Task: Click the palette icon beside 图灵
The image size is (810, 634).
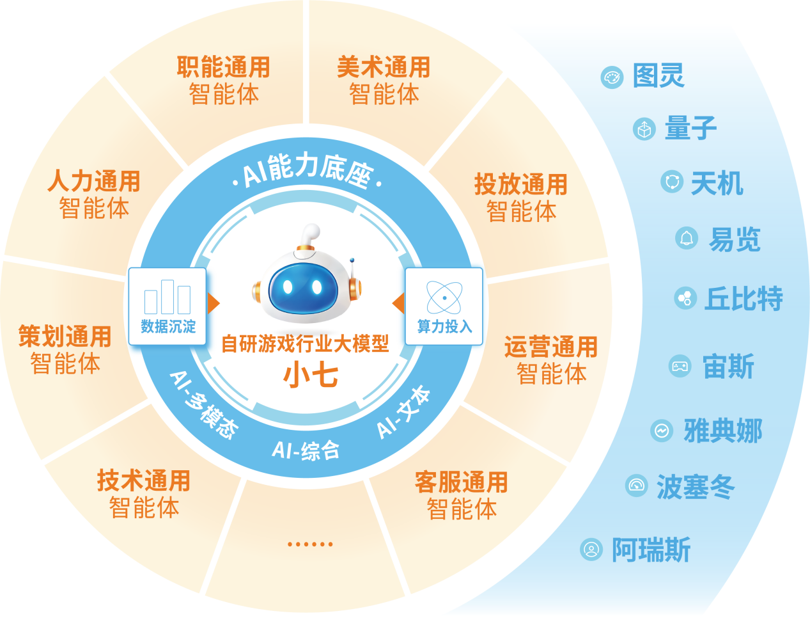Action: [x=612, y=77]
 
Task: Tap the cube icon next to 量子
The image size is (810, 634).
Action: [x=644, y=129]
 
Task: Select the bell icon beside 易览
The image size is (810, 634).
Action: [x=686, y=238]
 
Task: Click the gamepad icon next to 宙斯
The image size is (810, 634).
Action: [x=680, y=366]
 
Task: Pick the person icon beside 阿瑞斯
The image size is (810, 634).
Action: [x=591, y=550]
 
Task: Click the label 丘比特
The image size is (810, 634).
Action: [x=744, y=298]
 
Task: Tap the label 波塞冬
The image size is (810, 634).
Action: [x=695, y=487]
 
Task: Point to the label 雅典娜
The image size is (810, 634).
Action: [x=723, y=431]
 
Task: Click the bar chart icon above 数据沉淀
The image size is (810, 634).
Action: [x=167, y=297]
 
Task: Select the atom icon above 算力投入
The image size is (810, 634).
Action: [x=444, y=297]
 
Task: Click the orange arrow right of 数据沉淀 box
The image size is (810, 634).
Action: [x=214, y=303]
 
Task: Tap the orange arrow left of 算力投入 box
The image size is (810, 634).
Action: [x=398, y=303]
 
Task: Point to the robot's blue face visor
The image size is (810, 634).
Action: [x=303, y=287]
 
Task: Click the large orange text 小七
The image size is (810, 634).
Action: [x=311, y=375]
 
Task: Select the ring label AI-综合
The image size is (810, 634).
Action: [x=306, y=450]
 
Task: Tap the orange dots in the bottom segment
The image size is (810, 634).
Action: [x=310, y=544]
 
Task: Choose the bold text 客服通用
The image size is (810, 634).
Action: [x=462, y=482]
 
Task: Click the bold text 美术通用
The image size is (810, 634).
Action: [x=384, y=67]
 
